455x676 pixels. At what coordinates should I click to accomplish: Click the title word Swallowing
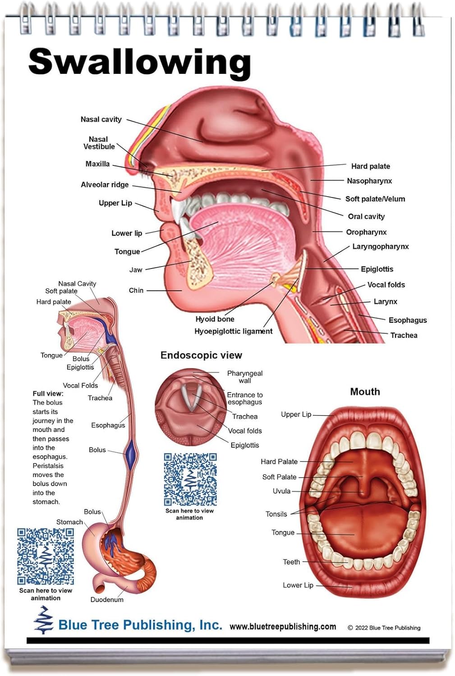point(139,62)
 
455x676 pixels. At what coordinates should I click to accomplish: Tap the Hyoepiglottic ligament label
point(233,331)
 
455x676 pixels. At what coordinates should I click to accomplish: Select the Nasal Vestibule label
point(99,143)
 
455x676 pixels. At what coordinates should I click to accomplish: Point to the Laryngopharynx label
point(380,247)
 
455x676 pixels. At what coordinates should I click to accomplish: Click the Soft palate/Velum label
point(375,199)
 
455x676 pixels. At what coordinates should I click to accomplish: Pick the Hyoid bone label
point(215,319)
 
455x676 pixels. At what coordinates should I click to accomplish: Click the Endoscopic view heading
point(201,355)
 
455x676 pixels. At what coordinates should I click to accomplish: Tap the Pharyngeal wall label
point(244,377)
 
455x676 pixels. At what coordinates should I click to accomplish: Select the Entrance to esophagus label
point(244,398)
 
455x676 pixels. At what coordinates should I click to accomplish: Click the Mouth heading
point(365,392)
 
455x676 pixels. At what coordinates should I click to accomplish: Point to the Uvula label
point(281,491)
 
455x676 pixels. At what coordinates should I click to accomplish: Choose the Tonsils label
point(276,514)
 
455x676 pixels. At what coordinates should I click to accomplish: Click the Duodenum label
point(107,600)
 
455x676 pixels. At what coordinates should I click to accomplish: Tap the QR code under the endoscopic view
point(190,479)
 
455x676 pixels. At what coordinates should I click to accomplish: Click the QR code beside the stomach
point(46,556)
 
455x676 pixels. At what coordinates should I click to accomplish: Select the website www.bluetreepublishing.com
point(283,627)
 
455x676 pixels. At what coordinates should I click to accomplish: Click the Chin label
point(136,291)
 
